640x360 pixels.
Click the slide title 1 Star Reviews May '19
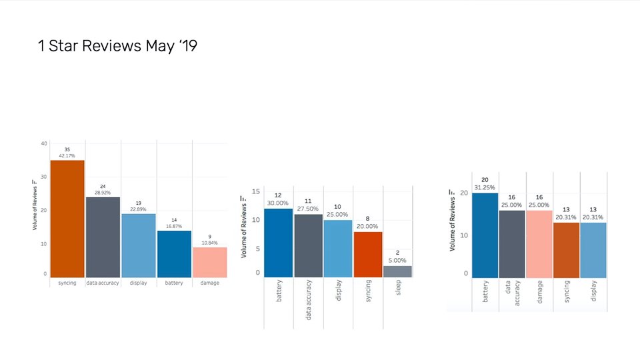(x=118, y=46)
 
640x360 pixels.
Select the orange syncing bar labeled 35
(x=67, y=219)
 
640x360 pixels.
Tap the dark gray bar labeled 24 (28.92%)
(x=103, y=237)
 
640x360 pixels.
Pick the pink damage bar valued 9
(x=209, y=262)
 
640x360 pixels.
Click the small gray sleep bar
(x=397, y=271)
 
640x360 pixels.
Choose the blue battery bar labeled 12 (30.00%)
(x=278, y=243)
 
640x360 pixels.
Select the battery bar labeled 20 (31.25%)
(x=485, y=235)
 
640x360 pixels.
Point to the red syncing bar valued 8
(x=367, y=254)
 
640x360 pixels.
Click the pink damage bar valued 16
(x=539, y=244)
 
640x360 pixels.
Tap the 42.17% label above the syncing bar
(x=67, y=155)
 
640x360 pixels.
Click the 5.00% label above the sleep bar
(x=397, y=260)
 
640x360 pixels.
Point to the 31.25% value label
(x=485, y=187)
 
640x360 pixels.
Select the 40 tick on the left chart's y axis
(x=43, y=143)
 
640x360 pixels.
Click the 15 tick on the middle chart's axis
(x=255, y=191)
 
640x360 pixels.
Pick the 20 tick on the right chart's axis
(x=465, y=193)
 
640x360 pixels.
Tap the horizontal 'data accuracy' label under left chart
(x=103, y=283)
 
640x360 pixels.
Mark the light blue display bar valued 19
(x=138, y=245)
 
